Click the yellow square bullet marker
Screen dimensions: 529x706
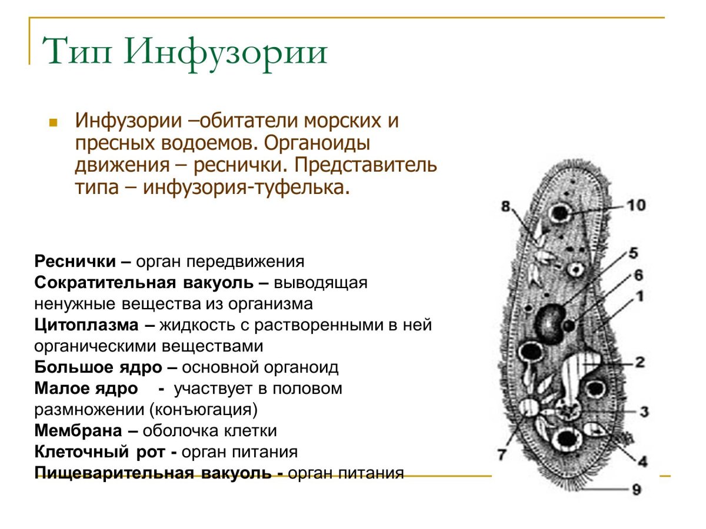53,123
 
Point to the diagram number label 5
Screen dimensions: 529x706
633,253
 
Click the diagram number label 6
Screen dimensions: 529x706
638,275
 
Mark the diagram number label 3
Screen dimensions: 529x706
644,411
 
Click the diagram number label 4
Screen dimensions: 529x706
642,461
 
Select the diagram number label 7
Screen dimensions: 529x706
502,454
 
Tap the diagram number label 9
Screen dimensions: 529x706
637,488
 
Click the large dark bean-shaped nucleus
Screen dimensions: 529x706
549,323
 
